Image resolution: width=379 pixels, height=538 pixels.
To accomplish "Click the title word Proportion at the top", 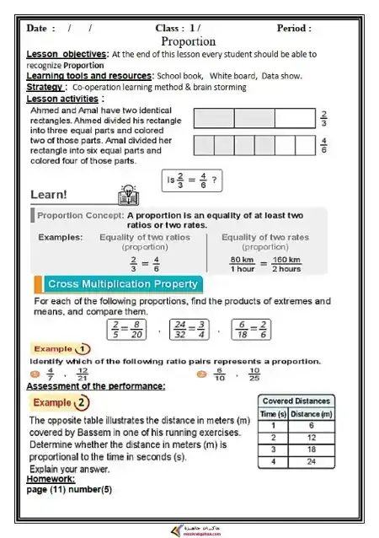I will tap(188, 40).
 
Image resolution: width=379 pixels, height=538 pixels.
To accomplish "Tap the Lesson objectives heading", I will tap(67, 54).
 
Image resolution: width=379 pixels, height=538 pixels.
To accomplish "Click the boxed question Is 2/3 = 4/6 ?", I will tap(193, 180).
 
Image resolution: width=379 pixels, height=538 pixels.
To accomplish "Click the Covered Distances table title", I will tap(296, 401).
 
